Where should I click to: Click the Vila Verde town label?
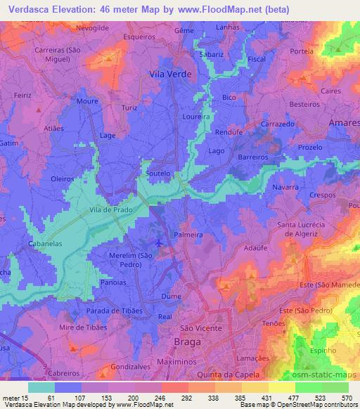pos(171,73)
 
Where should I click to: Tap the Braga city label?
pos(186,342)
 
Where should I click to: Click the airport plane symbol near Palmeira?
pos(160,243)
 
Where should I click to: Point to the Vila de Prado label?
pos(111,209)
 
